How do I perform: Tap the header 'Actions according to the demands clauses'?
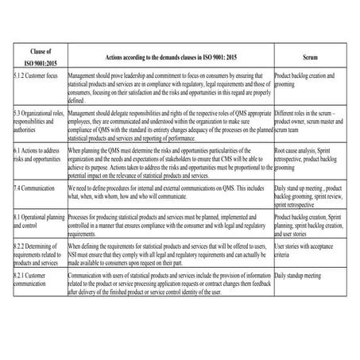pos(170,58)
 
